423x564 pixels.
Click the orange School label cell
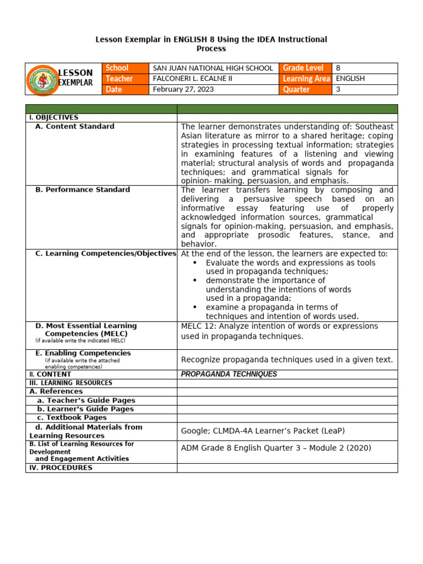[x=126, y=68]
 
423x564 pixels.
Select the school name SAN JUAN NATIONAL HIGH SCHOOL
[x=213, y=68]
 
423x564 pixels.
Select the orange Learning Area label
[x=306, y=79]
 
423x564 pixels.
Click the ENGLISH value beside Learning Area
[x=350, y=79]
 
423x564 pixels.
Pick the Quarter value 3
[x=338, y=89]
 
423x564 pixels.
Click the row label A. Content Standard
[x=74, y=127]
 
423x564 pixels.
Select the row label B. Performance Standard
[x=82, y=190]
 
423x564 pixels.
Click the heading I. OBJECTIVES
[x=53, y=117]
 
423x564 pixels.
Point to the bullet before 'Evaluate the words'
[x=195, y=263]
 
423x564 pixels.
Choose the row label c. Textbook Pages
[x=72, y=418]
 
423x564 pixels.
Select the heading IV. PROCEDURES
[x=61, y=468]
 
